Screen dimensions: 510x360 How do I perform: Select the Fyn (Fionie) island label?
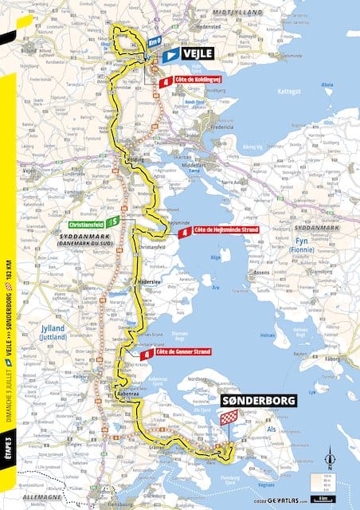coord(303,245)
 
